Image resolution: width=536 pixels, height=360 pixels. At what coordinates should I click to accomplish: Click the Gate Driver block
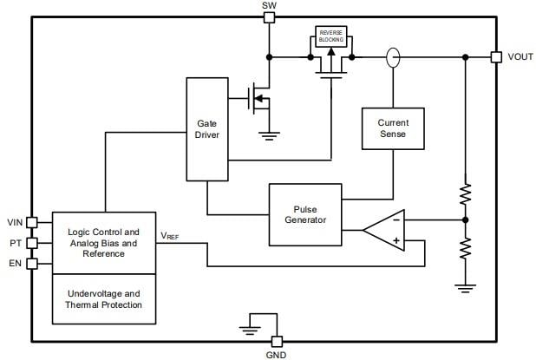coord(207,129)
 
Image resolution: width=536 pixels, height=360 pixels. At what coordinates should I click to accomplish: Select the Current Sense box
coord(392,128)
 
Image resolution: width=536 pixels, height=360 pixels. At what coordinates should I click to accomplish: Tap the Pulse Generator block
coord(305,214)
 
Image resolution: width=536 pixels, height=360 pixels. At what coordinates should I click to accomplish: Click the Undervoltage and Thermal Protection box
coord(104,298)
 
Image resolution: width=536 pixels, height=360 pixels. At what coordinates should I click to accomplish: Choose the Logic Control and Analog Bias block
coord(104,242)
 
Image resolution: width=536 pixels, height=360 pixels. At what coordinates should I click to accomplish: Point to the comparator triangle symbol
coord(385,230)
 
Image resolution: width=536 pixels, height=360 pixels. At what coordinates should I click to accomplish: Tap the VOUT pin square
coord(496,57)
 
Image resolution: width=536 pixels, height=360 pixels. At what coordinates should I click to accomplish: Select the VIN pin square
coord(32,222)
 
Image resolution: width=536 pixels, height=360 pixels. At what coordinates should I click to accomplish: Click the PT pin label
coord(15,243)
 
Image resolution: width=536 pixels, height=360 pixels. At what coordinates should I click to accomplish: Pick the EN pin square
coord(32,264)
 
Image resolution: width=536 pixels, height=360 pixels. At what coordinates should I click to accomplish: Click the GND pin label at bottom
coord(277,354)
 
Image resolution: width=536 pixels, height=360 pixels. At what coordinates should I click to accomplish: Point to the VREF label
coord(170,235)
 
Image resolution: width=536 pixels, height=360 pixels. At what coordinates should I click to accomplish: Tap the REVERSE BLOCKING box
coord(330,36)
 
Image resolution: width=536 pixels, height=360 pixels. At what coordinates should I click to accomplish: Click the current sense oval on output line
coord(392,57)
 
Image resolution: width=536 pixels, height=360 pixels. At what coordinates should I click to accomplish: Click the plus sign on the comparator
coord(396,240)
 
